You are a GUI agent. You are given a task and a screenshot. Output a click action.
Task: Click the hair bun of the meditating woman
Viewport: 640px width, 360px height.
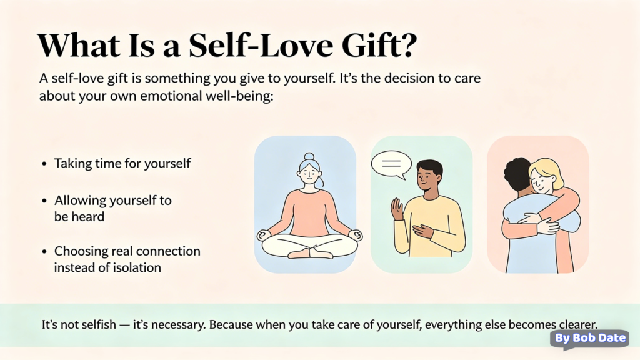tap(309, 156)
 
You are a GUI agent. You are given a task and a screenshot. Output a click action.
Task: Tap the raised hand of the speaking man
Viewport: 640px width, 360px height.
tap(397, 209)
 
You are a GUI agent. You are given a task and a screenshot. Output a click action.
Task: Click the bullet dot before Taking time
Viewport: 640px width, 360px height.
tap(44, 164)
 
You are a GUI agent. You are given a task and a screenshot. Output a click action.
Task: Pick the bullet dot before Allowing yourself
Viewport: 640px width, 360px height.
tap(44, 201)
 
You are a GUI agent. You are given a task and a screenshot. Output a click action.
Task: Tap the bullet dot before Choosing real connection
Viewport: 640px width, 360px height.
tap(44, 252)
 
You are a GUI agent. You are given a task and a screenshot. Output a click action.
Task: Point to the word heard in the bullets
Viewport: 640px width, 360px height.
tap(87, 217)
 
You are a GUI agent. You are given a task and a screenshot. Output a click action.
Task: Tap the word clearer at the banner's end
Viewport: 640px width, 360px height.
tap(574, 325)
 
